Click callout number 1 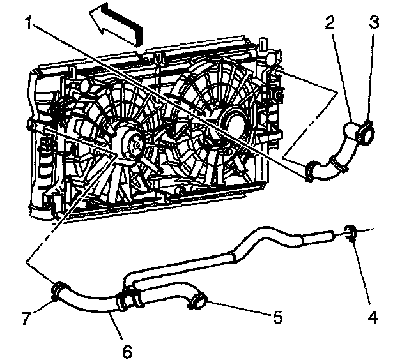[29, 24]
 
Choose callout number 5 [277, 315]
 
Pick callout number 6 [127, 350]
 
